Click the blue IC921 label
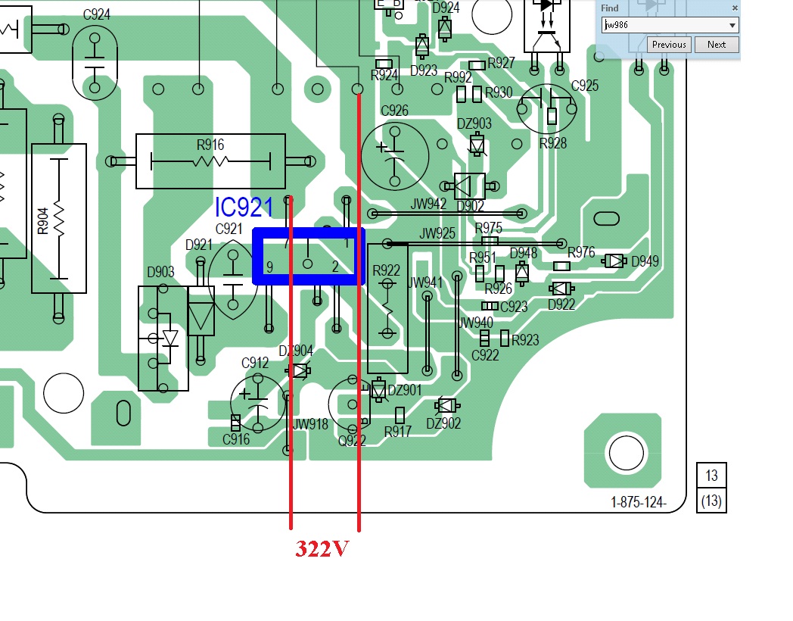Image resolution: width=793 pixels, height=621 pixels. (244, 208)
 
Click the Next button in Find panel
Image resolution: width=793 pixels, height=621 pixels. (716, 45)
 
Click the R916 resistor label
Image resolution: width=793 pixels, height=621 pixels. (210, 145)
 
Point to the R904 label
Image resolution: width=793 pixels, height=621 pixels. (43, 220)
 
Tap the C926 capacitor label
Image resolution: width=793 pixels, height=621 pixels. (394, 111)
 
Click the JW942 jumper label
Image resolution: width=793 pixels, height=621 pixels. (429, 203)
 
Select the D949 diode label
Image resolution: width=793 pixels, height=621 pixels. (645, 261)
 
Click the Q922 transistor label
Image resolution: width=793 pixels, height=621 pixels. (353, 439)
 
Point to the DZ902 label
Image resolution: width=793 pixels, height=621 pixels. (443, 424)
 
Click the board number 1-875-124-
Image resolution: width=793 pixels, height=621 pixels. (639, 501)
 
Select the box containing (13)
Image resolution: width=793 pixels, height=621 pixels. (711, 501)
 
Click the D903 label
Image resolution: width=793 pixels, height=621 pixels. (160, 272)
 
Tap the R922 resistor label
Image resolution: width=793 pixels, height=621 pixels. (387, 271)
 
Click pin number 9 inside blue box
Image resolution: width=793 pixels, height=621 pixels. (269, 267)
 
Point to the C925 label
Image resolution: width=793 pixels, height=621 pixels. (585, 86)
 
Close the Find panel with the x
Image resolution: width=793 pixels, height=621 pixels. (734, 8)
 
